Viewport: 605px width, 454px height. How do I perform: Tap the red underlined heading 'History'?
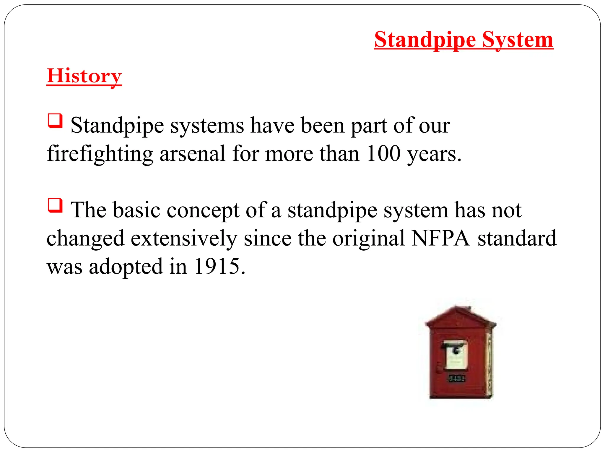pos(84,76)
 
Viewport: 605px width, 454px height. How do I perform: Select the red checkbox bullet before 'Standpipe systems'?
pos(55,121)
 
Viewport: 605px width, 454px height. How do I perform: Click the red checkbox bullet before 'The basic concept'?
pos(55,205)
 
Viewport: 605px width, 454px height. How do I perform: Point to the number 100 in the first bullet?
pos(383,154)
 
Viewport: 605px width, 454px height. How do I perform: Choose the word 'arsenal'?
pos(193,154)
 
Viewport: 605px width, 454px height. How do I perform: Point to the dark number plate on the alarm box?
pos(457,379)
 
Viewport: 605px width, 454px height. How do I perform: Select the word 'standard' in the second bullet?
pos(517,238)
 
